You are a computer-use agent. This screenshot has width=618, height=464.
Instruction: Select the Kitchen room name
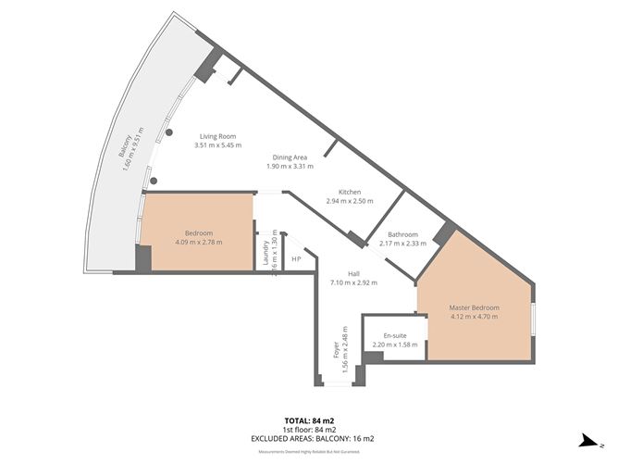point(349,191)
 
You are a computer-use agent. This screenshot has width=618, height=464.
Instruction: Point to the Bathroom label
point(402,234)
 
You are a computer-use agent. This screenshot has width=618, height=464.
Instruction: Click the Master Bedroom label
point(474,307)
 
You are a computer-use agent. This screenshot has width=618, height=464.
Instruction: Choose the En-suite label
point(394,335)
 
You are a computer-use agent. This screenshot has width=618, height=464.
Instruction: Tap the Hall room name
point(353,273)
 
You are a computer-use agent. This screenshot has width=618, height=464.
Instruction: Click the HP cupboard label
point(296,259)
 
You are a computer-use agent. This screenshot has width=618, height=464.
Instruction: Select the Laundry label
point(266,251)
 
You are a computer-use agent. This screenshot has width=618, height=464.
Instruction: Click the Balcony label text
point(123,150)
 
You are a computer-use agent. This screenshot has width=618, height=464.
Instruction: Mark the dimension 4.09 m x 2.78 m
point(199,243)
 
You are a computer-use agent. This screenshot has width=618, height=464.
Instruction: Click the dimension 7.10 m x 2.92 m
point(353,282)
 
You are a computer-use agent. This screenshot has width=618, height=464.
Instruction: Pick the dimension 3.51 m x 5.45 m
point(218,145)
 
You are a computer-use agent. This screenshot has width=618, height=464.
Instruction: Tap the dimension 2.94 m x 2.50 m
point(350,201)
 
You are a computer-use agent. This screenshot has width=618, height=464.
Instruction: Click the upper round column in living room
point(169,132)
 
